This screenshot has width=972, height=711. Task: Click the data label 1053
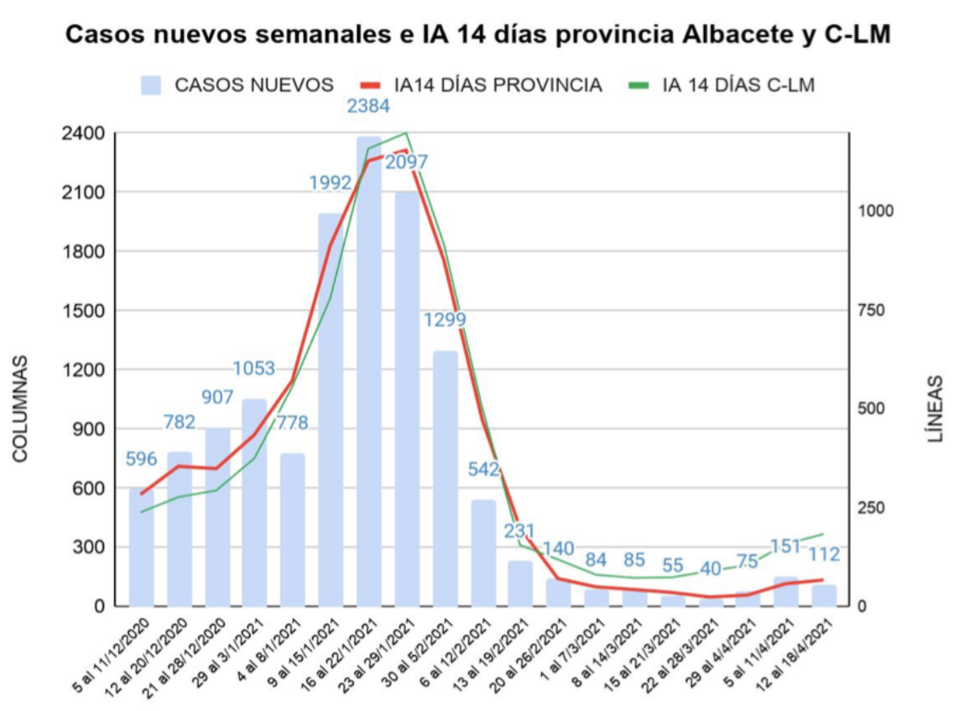254,369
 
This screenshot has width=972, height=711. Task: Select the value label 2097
407,162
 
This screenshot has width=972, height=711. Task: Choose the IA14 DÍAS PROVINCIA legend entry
481,85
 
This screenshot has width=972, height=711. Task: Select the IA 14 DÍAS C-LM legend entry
721,85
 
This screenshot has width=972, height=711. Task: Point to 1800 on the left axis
84,251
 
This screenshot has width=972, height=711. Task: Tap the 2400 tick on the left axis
84,133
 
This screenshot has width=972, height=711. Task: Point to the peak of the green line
405,132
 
